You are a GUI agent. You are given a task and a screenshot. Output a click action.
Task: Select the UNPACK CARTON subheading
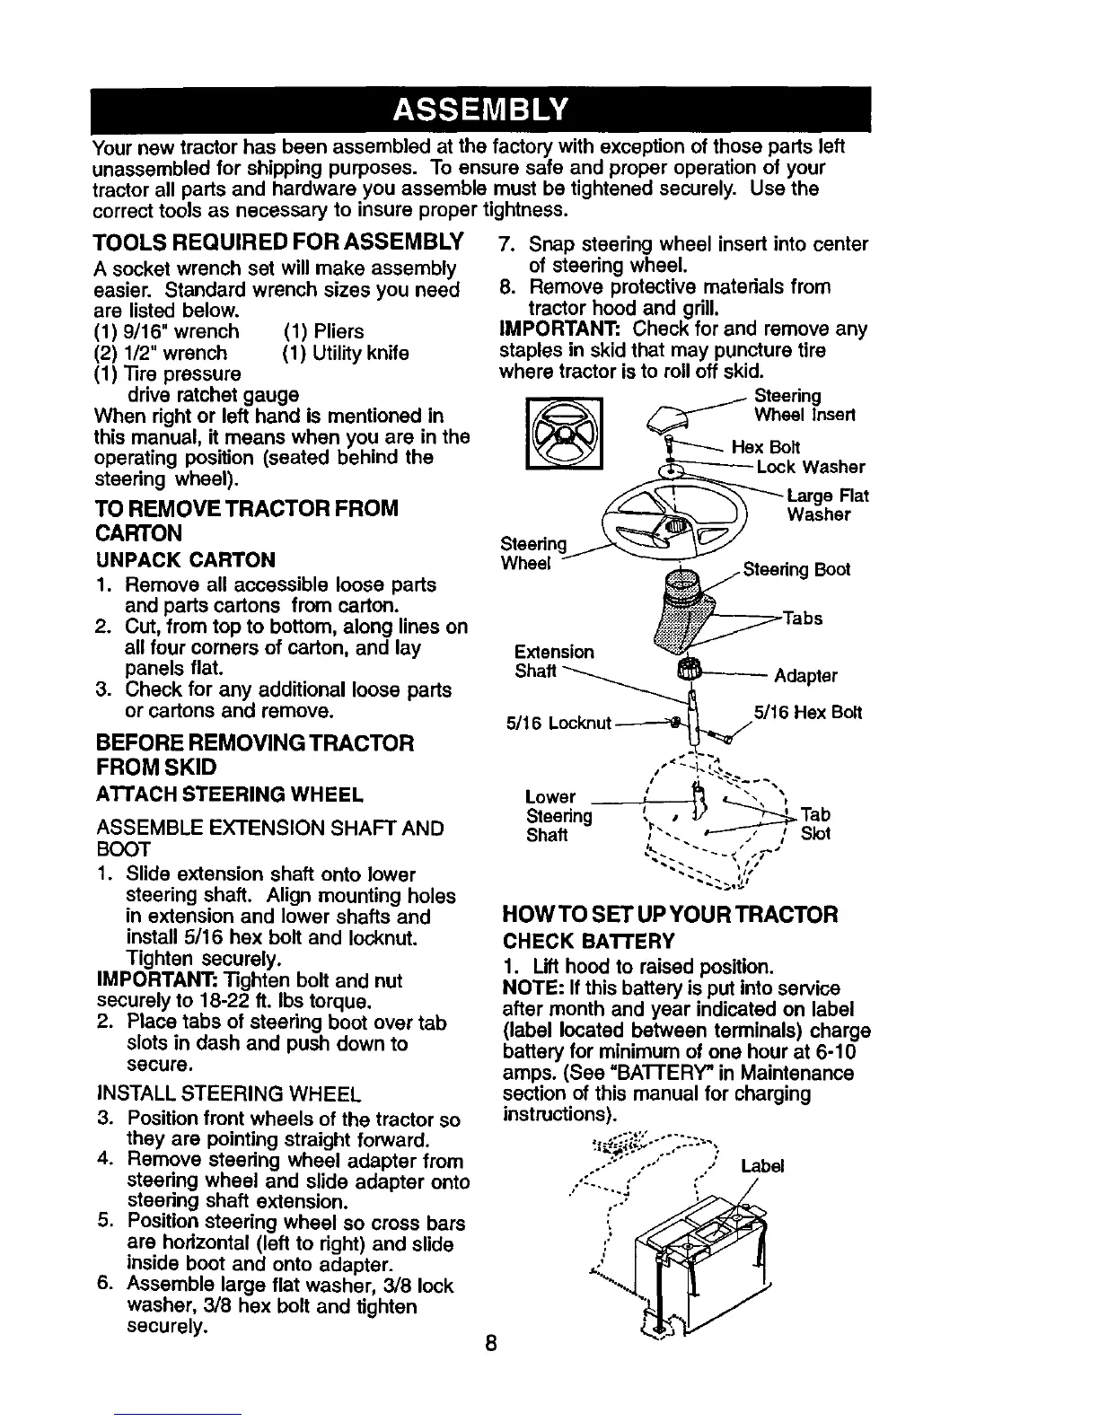184,560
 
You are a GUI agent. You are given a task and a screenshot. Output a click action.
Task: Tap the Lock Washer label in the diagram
811,467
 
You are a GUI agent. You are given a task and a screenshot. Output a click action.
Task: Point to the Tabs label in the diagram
803,619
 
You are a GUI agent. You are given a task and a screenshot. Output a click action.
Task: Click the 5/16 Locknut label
558,724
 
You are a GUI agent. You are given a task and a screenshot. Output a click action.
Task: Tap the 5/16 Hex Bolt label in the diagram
807,713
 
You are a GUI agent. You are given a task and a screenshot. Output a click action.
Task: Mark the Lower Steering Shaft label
558,815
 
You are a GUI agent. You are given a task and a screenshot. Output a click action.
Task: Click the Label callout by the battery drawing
763,1166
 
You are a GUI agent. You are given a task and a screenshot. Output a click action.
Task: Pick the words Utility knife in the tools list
345,353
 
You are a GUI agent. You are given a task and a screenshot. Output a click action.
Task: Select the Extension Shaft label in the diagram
554,662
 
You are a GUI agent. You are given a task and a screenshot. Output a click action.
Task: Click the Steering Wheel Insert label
804,406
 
